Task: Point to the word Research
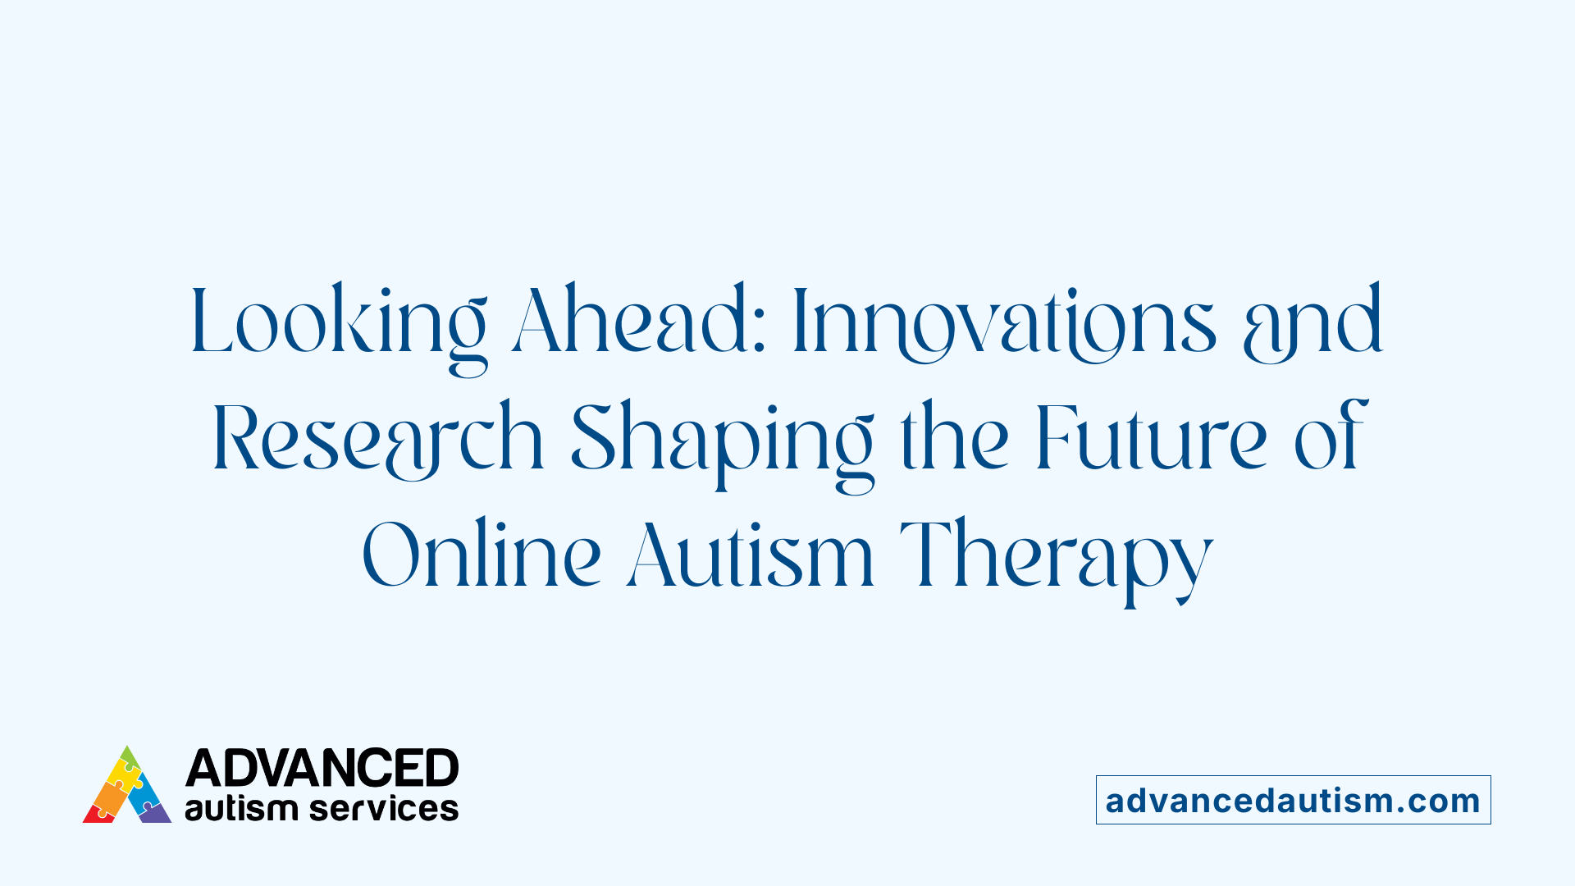(x=378, y=439)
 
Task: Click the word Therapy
(x=1057, y=556)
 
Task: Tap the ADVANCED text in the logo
(x=322, y=768)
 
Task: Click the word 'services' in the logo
(x=384, y=808)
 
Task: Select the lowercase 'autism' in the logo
(x=240, y=808)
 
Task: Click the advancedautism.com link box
(x=1293, y=800)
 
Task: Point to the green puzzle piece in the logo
(x=129, y=757)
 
